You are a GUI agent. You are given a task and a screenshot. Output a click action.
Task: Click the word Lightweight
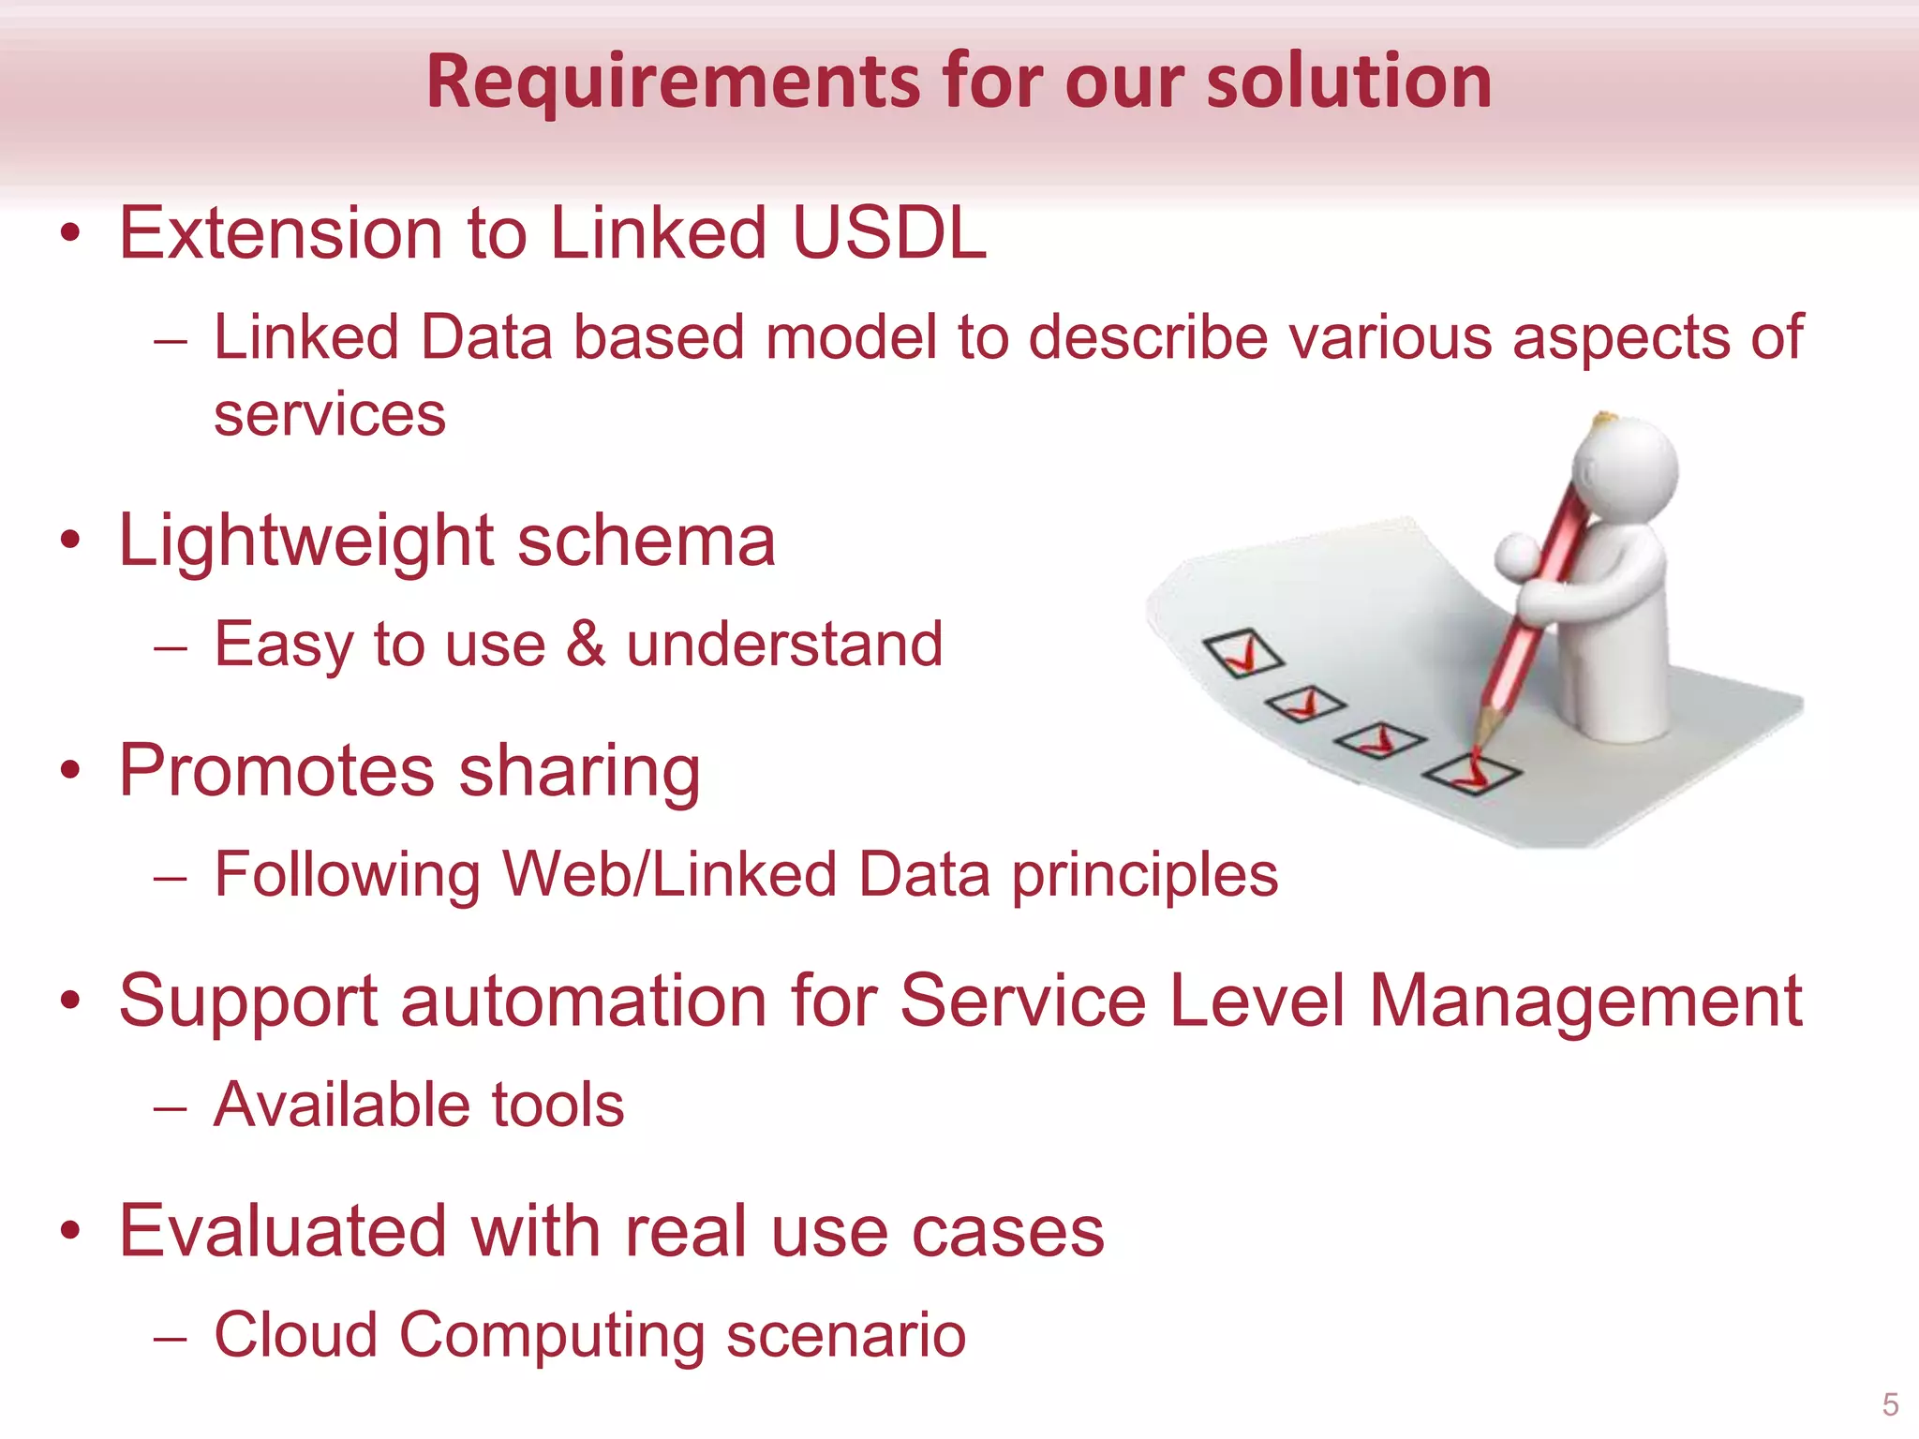click(305, 541)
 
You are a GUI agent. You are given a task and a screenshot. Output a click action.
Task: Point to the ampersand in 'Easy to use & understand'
click(586, 644)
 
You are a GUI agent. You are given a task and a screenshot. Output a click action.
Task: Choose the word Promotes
click(276, 771)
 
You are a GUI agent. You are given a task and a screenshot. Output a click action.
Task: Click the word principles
click(1144, 876)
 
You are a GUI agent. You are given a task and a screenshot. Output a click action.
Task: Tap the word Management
click(1585, 1001)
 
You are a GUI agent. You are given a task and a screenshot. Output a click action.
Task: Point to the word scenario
click(845, 1334)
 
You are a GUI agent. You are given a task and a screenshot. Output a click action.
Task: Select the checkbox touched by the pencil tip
click(1472, 773)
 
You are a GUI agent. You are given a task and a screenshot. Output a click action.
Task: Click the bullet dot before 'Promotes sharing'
click(70, 770)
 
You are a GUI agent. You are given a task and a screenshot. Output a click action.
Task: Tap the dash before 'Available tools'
click(171, 1107)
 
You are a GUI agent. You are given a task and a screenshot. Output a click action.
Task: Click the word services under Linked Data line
click(330, 414)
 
